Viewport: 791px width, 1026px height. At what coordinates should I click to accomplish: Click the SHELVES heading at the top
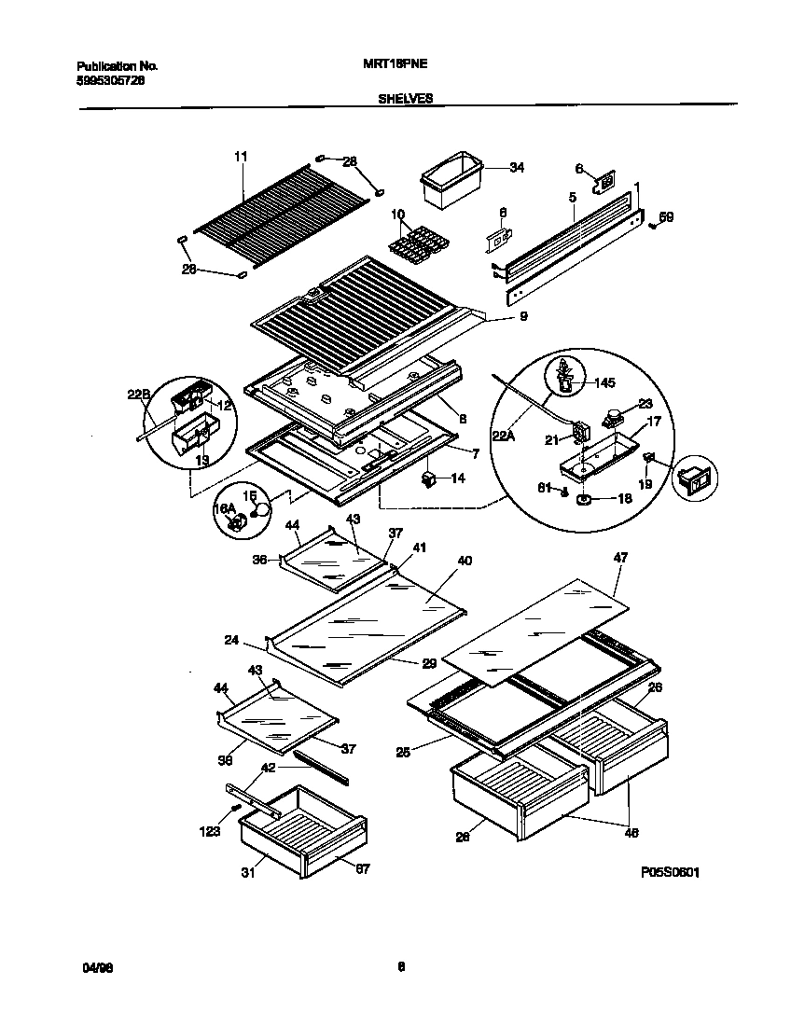[405, 97]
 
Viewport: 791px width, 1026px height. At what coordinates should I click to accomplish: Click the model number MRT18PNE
[388, 66]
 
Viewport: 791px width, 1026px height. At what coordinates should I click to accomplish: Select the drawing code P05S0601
[670, 872]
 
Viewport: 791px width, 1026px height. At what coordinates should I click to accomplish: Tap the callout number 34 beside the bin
[516, 168]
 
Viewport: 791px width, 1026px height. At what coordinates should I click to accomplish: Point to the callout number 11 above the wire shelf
[241, 158]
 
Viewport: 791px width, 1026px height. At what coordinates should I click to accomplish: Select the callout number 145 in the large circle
[604, 382]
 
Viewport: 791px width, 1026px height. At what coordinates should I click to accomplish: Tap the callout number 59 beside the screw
[665, 217]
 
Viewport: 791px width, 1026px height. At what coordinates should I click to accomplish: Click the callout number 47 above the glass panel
[620, 558]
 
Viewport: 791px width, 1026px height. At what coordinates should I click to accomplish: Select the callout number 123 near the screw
[210, 831]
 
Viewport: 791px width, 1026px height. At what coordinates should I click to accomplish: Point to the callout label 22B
[139, 395]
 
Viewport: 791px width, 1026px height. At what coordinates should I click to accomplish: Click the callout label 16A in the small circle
[224, 508]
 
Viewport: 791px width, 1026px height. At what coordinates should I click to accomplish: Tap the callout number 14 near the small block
[457, 478]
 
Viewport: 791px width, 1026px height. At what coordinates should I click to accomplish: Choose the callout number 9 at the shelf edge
[522, 317]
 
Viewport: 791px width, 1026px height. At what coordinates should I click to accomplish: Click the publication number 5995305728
[109, 80]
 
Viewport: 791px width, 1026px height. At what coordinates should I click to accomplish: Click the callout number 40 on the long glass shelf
[464, 561]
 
